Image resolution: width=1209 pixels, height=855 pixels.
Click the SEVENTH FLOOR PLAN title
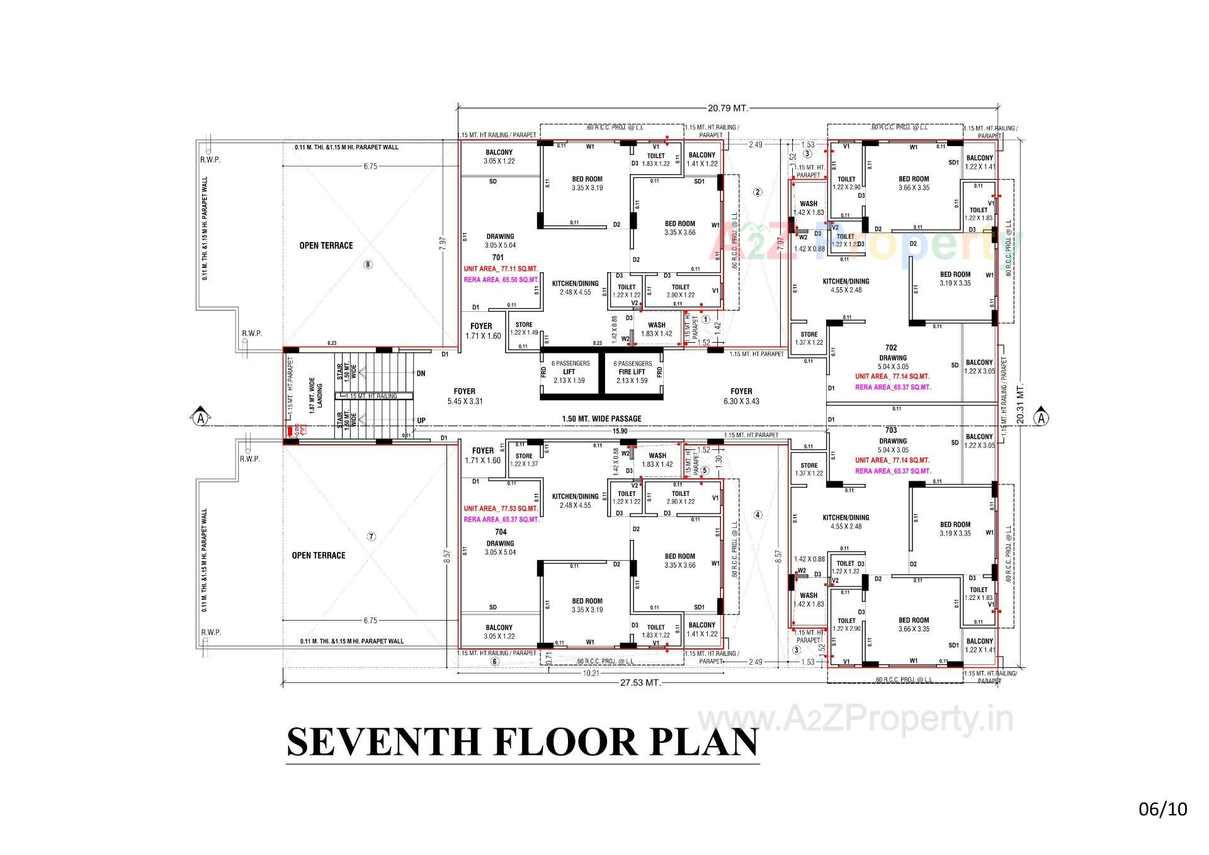[523, 742]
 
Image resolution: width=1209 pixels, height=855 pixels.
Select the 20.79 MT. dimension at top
[727, 108]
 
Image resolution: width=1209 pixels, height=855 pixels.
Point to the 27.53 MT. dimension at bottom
[640, 682]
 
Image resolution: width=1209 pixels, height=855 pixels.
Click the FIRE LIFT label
[632, 372]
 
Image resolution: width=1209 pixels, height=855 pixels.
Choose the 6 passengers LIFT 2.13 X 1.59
[570, 372]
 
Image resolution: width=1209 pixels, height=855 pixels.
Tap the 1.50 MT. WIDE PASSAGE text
[601, 418]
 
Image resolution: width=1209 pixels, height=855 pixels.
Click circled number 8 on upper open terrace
[368, 265]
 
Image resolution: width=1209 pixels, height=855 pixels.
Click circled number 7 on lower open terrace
[372, 537]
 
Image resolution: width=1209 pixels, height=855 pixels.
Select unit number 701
[497, 258]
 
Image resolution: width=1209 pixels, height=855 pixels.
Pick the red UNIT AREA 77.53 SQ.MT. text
[501, 508]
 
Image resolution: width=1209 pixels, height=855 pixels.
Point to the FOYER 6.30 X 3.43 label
[742, 396]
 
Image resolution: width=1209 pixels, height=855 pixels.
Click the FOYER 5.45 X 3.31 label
[465, 396]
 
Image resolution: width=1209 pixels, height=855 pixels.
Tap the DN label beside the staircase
[421, 374]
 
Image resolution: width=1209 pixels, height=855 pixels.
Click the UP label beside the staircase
[421, 420]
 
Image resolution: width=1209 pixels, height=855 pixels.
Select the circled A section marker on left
[200, 418]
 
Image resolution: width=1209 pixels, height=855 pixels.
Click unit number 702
[890, 348]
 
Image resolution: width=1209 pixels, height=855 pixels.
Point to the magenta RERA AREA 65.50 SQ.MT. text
[501, 279]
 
